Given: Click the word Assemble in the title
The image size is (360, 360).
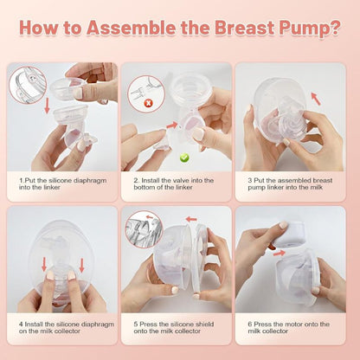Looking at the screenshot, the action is tap(131, 28).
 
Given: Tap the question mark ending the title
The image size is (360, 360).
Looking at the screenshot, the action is tap(335, 28).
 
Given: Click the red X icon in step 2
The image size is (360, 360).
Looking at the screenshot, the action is tap(148, 102).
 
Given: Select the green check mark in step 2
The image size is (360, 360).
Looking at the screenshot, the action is tap(184, 157).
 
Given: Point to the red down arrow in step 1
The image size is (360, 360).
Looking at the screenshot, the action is tap(47, 106).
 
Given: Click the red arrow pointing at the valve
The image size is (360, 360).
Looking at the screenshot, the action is tap(171, 125).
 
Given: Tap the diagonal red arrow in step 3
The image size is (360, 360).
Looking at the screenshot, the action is tap(316, 99).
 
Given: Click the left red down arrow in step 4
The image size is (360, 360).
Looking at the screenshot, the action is tap(44, 264).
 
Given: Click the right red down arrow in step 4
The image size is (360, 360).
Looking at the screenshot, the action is tap(81, 266).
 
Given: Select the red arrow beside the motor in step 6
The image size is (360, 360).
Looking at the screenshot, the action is tap(280, 254).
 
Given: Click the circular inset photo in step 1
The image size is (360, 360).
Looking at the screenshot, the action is tap(28, 85).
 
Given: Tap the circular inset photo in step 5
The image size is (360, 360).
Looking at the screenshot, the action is tap(144, 229).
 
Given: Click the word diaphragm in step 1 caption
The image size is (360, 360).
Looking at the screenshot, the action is tap(90, 181).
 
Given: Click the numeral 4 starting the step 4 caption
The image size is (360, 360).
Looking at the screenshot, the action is tap(21, 325).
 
